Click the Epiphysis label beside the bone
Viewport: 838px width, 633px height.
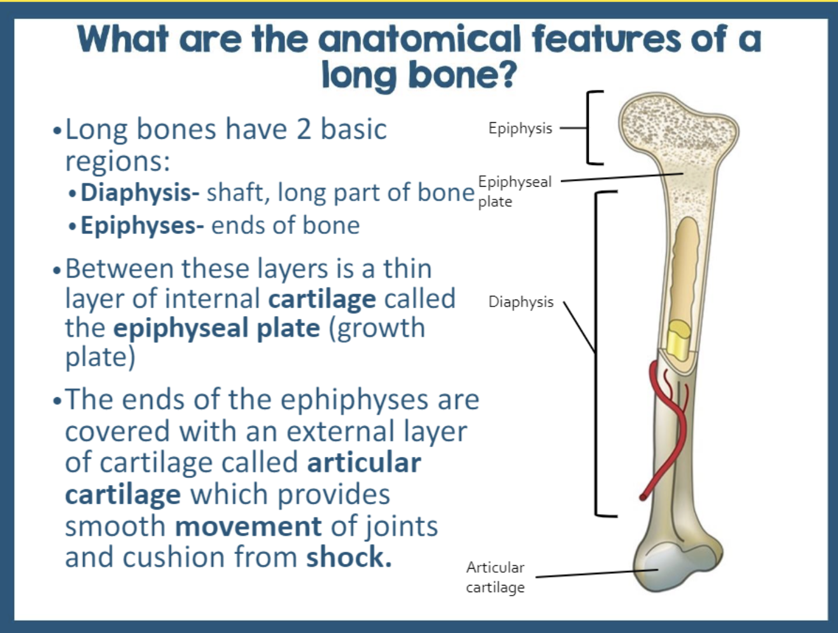[520, 128]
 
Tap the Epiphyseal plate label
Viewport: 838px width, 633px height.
[514, 191]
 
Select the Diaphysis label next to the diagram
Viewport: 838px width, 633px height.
[520, 302]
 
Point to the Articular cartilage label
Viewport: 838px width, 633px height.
[495, 577]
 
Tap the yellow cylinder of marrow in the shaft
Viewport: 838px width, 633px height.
[679, 339]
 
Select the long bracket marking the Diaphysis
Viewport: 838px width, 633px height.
[597, 353]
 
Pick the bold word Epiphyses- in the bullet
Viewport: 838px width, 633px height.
[142, 225]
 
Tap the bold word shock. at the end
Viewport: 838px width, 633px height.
[349, 557]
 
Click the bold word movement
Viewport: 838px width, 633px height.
[248, 526]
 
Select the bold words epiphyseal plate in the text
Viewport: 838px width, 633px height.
[217, 328]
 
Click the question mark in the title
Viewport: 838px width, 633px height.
[507, 75]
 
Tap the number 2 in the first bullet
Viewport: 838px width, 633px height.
[303, 129]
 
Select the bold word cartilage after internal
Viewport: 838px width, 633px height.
[322, 298]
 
